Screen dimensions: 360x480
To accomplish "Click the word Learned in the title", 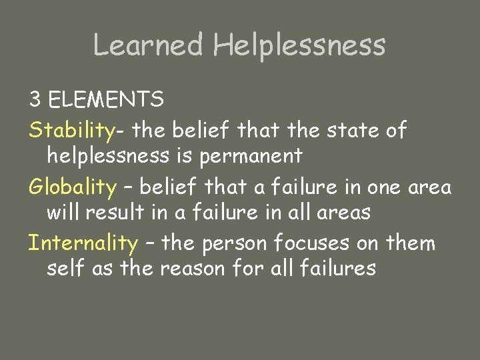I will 147,45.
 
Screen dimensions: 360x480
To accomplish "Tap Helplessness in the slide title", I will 299,45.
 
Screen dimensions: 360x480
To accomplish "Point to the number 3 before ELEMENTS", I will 35,100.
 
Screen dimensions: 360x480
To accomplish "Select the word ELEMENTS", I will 107,100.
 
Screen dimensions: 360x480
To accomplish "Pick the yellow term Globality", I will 72,187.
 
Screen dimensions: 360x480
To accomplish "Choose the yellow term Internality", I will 83,243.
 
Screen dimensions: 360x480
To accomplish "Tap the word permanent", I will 251,156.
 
